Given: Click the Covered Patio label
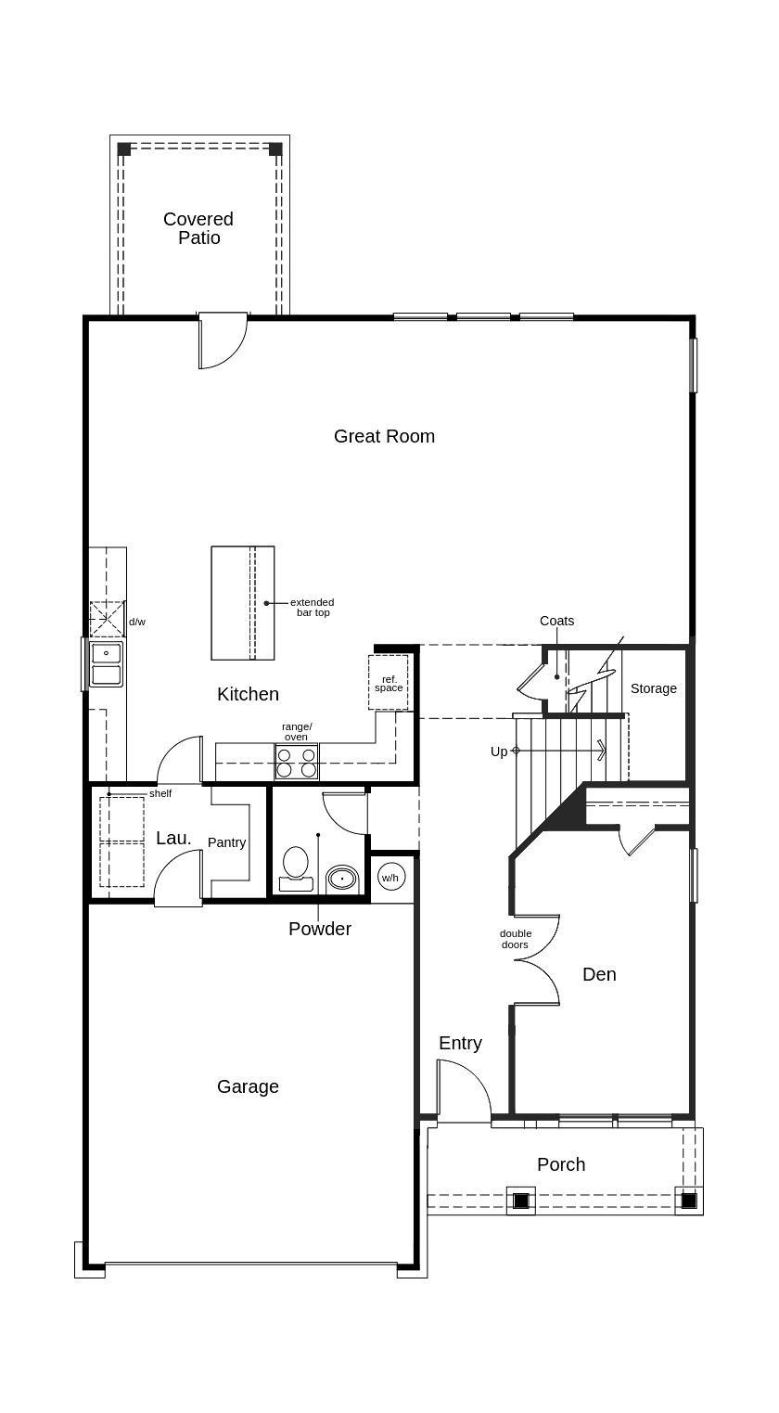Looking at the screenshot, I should pos(198,228).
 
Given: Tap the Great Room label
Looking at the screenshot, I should pos(384,436).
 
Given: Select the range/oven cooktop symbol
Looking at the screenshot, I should pos(296,762).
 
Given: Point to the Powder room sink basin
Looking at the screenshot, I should pos(342,878).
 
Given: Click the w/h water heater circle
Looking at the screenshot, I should pos(391,877).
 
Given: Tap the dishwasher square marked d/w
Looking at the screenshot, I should pos(107,619).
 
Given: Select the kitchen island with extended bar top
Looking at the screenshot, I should pos(242,603).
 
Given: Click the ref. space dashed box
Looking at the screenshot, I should pos(389,683).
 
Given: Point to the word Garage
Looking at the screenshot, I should pos(248,1086).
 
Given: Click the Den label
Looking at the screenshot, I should pos(599,974).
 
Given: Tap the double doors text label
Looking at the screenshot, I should pos(515,939).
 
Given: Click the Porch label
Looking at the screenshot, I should pos(561,1164).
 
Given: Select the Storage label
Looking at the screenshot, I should pos(654,688).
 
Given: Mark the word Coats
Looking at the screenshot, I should pos(556,621).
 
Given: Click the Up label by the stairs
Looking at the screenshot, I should pos(499,751).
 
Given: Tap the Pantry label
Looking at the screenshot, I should pos(226,842).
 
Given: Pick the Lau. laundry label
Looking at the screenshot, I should pos(173,838).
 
